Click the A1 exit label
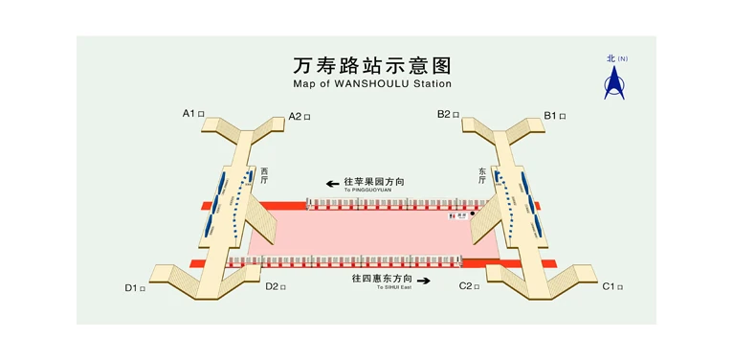pos(191,113)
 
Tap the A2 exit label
pos(300,117)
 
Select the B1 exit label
pos(555,116)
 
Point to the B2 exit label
pos(448,114)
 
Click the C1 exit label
pos(612,286)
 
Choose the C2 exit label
pos(469,286)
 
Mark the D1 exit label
pos(135,287)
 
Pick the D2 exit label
pos(276,286)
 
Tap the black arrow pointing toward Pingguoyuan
pos(333,182)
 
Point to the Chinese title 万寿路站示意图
pos(371,65)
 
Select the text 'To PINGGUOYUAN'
pos(367,190)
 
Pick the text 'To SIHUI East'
pos(392,287)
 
